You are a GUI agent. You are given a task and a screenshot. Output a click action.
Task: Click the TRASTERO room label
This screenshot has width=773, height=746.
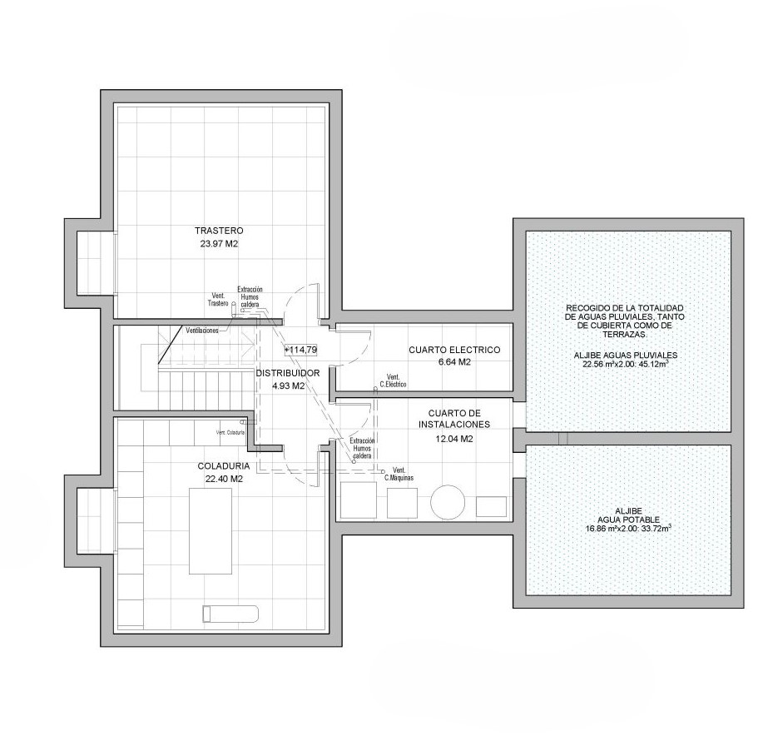click(x=219, y=231)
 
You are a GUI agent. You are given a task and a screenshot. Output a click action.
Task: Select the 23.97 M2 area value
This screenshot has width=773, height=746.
click(x=219, y=244)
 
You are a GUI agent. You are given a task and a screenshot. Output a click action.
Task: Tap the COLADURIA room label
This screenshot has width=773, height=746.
click(x=224, y=465)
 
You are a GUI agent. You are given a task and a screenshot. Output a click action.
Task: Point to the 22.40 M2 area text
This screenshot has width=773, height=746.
click(x=224, y=479)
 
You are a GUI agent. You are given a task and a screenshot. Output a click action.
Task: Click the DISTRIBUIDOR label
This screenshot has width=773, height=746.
click(x=287, y=373)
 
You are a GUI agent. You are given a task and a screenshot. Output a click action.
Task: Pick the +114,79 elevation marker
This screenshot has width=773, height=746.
click(x=300, y=350)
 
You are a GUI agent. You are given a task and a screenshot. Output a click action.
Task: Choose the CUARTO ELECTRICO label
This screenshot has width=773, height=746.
click(x=454, y=350)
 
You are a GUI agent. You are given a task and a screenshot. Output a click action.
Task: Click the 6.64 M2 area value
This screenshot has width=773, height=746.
click(x=454, y=362)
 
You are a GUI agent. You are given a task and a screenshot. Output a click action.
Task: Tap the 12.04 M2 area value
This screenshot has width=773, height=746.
click(x=454, y=438)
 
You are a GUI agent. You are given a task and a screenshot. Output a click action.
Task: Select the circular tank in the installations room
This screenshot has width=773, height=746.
click(x=448, y=502)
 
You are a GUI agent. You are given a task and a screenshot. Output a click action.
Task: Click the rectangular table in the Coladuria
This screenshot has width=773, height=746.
click(x=211, y=531)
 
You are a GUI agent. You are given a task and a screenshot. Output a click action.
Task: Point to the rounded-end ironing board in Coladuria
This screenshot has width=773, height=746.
click(x=230, y=614)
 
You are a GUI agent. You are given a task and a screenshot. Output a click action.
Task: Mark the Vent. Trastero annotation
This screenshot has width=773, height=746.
click(x=218, y=300)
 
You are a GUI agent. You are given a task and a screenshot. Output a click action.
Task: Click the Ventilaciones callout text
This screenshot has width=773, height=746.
click(x=201, y=331)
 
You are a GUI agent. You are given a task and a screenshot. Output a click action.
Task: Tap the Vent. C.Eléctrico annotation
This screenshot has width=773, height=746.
click(x=393, y=380)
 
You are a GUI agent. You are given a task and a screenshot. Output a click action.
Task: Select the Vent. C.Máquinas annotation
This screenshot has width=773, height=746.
click(x=399, y=474)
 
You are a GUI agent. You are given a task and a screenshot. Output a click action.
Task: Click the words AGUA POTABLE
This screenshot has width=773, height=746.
click(x=628, y=520)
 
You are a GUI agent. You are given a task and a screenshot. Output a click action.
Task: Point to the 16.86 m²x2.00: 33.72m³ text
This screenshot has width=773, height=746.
click(x=628, y=529)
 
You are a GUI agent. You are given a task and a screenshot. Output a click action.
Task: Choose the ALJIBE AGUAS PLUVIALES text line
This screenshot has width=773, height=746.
click(x=626, y=356)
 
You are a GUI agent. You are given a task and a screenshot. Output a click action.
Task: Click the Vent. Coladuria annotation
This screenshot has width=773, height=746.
click(x=230, y=433)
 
